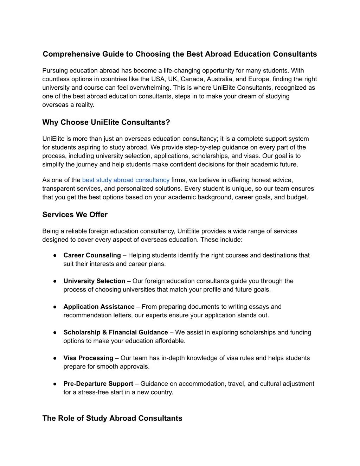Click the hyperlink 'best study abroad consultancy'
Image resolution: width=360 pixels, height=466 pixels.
pyautogui.click(x=126, y=180)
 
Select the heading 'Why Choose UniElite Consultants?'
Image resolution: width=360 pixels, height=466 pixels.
pyautogui.click(x=106, y=122)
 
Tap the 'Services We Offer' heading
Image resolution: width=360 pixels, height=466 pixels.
pyautogui.click(x=75, y=215)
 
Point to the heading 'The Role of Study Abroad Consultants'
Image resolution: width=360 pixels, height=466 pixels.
pyautogui.click(x=112, y=418)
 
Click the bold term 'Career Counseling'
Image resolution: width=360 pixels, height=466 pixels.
pyautogui.click(x=92, y=255)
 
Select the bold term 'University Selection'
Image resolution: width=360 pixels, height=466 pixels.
pyautogui.click(x=94, y=281)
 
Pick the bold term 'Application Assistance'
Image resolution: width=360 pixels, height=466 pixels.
pyautogui.click(x=99, y=307)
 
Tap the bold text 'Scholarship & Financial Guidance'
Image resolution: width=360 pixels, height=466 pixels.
pyautogui.click(x=116, y=332)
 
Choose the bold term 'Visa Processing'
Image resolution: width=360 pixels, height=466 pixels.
pyautogui.click(x=88, y=358)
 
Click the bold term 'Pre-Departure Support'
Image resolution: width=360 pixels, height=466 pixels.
pyautogui.click(x=98, y=384)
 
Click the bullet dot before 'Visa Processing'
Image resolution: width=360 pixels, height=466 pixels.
pyautogui.click(x=55, y=358)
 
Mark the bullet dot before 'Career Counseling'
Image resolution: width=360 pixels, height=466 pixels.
pyautogui.click(x=55, y=255)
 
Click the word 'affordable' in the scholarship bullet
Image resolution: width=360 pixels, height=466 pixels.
pyautogui.click(x=170, y=341)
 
